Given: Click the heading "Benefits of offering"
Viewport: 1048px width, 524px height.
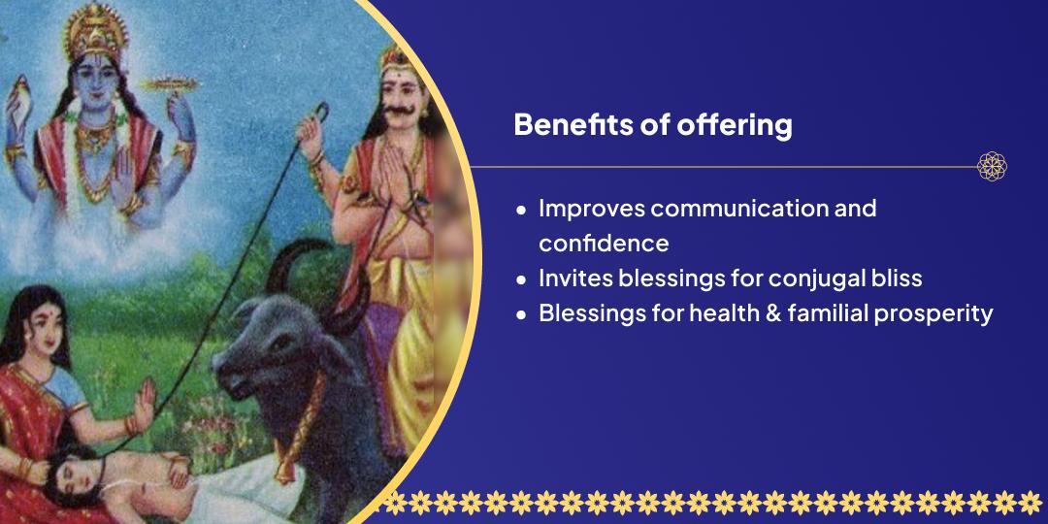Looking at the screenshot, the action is point(653,125).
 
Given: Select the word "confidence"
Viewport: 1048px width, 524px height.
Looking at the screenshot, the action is point(604,244).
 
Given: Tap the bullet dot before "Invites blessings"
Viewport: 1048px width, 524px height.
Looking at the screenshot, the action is point(521,280).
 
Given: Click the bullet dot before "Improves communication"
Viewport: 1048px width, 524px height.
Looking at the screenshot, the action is point(521,210).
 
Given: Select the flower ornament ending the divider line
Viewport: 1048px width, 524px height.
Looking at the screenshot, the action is point(992,166).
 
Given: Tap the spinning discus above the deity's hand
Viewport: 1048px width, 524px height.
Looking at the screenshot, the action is point(170,84).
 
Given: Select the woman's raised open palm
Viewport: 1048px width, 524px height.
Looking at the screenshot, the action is point(143,401).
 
